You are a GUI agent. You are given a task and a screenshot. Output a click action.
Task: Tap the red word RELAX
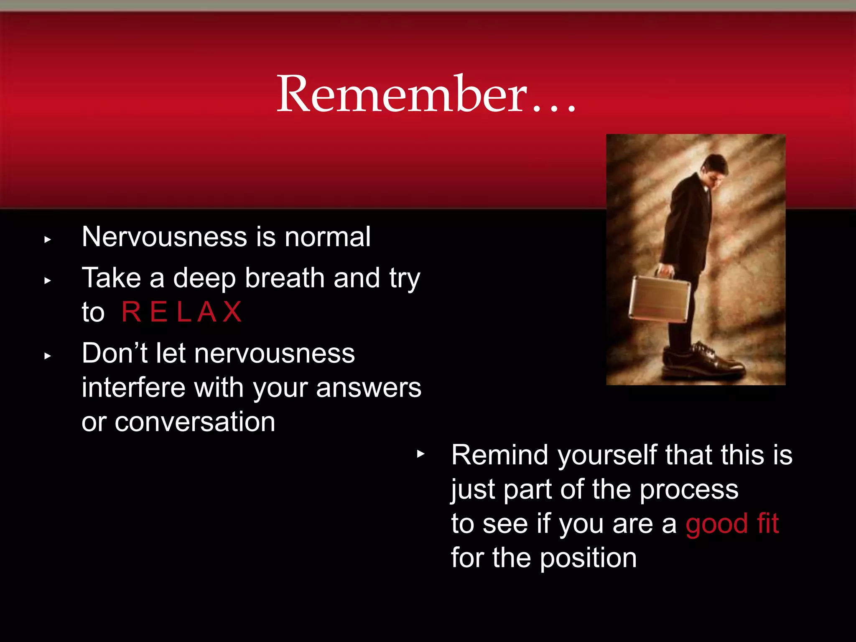[181, 312]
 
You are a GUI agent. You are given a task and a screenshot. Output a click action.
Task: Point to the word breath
[285, 278]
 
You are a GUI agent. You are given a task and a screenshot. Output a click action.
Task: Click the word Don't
[114, 353]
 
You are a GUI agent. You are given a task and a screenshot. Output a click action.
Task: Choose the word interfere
[133, 387]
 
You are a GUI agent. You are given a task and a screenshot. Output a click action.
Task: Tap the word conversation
[195, 422]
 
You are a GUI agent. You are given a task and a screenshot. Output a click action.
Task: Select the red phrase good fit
[732, 524]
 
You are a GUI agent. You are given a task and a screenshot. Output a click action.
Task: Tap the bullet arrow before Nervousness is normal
[48, 240]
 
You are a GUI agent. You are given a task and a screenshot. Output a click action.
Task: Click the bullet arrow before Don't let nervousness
[48, 356]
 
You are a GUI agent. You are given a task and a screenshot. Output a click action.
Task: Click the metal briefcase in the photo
[660, 299]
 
